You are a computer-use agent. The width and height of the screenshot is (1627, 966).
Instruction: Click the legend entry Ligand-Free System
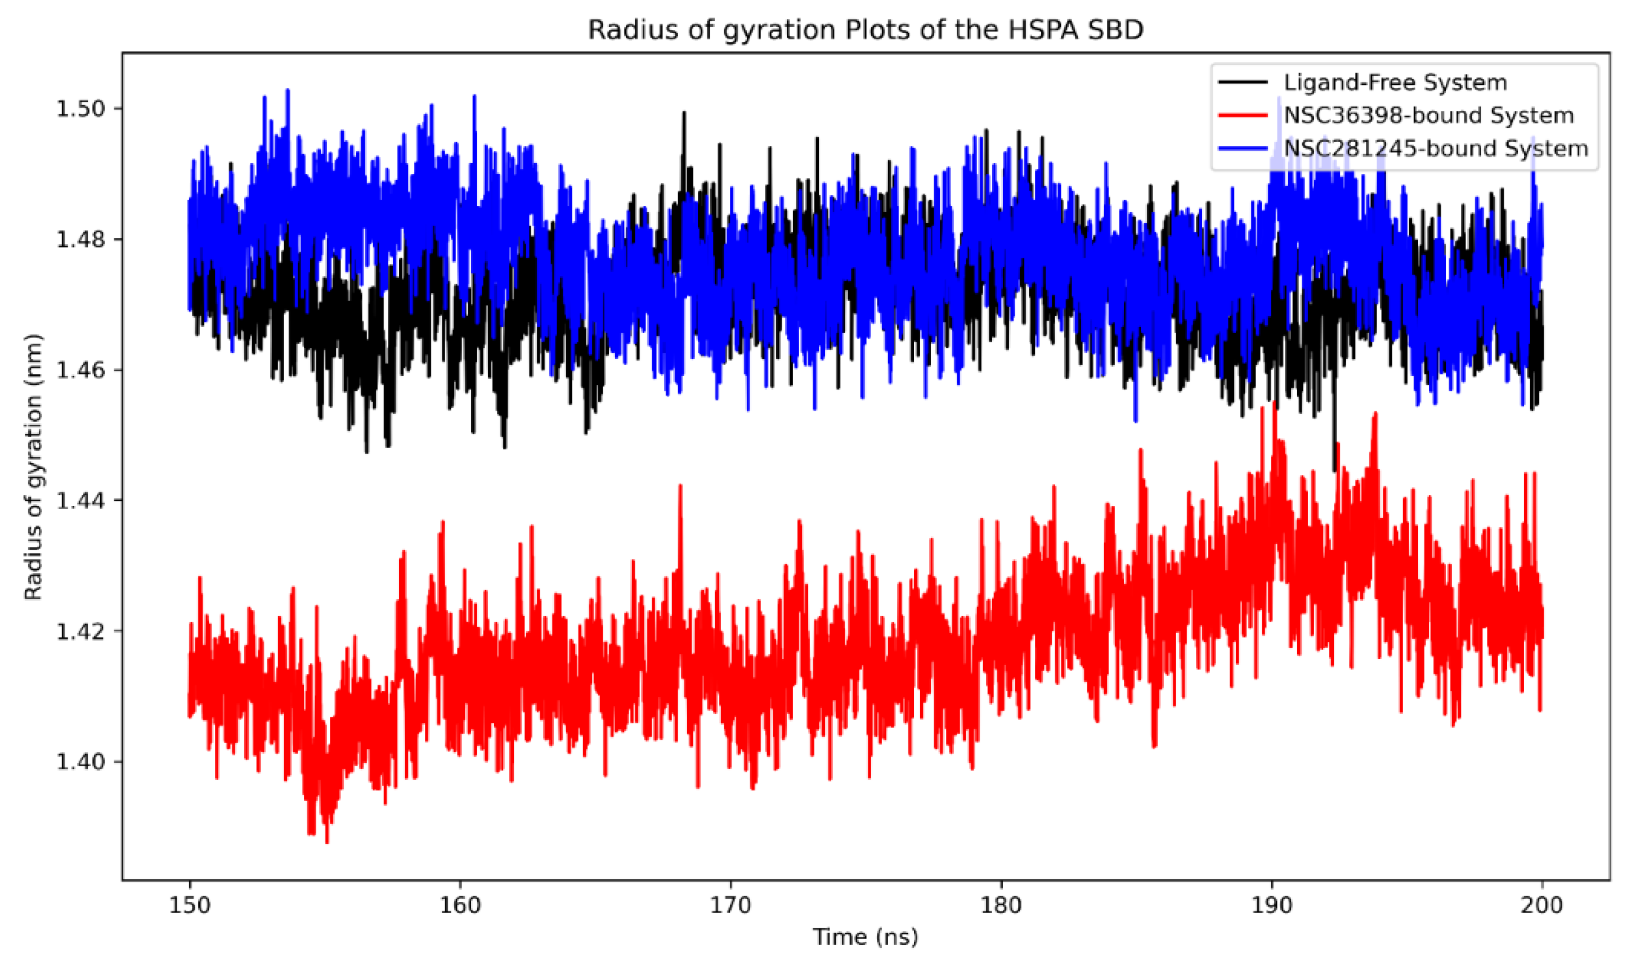(1395, 83)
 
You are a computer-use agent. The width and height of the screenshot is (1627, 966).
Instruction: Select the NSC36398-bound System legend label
(1428, 115)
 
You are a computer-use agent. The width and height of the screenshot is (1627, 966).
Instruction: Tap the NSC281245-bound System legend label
(1436, 149)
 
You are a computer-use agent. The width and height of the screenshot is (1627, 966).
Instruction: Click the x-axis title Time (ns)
(865, 937)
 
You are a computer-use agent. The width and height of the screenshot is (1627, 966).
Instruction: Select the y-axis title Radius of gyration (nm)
(33, 467)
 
